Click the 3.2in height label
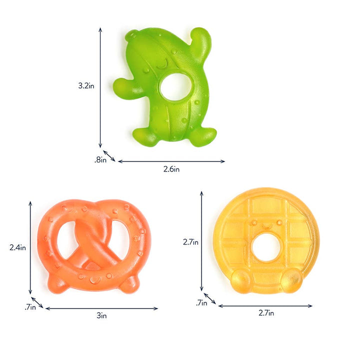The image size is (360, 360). (86, 85)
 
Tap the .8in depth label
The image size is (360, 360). (100, 160)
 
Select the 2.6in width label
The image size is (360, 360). (171, 169)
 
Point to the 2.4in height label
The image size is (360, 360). (17, 247)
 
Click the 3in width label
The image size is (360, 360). (101, 315)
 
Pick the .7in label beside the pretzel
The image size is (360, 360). (30, 307)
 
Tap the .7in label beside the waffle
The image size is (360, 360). (201, 302)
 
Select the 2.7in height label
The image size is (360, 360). (190, 241)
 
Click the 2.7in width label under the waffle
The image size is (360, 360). (266, 313)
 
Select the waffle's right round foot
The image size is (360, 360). (291, 281)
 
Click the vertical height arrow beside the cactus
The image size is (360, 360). (100, 87)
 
